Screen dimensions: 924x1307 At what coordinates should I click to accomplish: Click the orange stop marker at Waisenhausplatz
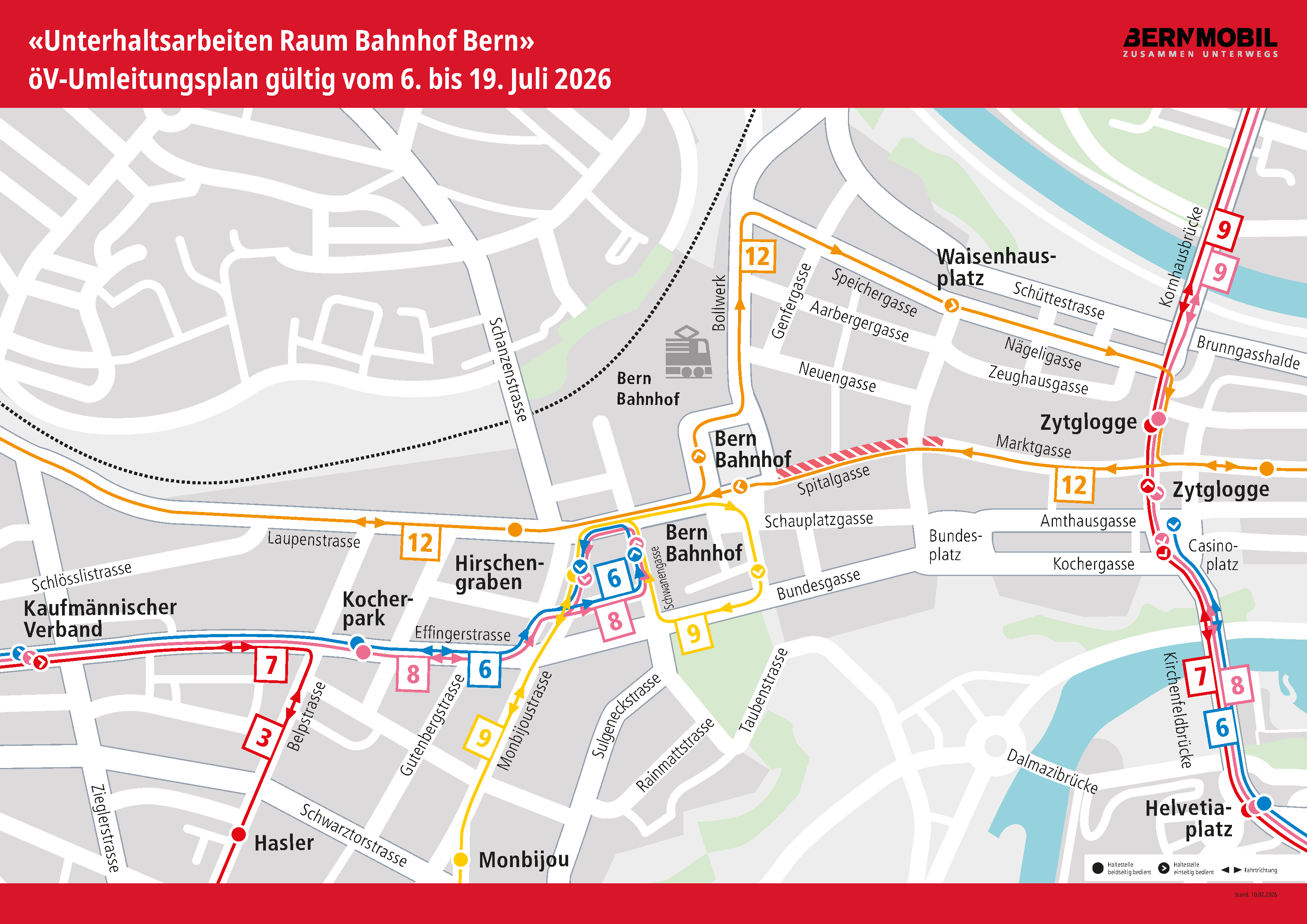(951, 306)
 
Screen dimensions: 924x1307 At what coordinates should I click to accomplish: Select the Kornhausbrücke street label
(1181, 257)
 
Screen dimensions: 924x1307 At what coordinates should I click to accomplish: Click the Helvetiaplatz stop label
(1189, 818)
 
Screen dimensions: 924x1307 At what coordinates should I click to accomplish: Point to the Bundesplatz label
(955, 545)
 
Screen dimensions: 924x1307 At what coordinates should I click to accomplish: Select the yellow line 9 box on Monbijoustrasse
(483, 737)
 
